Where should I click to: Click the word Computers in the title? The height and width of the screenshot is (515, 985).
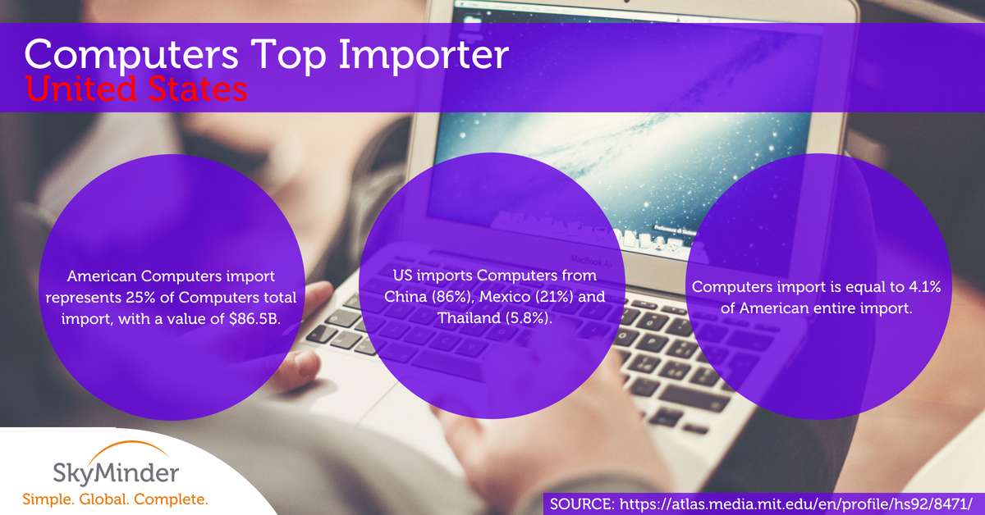coord(131,54)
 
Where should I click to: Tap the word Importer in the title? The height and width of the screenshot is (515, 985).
coord(424,56)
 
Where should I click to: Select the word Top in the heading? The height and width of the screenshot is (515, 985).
coord(288,56)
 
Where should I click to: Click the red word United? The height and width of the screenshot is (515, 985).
coord(81,89)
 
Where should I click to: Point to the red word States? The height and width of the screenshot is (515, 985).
coord(198,89)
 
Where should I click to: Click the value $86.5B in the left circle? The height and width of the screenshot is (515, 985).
coord(254,318)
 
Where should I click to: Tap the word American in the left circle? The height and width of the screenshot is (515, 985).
coord(102,276)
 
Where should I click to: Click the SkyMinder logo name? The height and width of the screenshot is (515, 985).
coord(116,473)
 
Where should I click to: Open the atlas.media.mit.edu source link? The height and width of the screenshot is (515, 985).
coord(795,504)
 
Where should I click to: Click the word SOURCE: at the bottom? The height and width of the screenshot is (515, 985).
coord(582,504)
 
